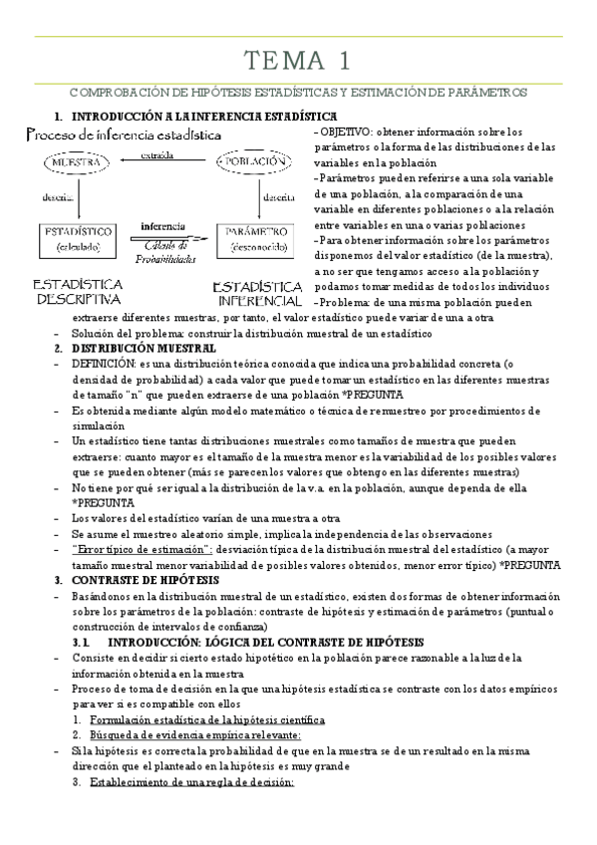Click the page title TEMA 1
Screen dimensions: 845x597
298,61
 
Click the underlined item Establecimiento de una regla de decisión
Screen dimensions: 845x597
191,782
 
